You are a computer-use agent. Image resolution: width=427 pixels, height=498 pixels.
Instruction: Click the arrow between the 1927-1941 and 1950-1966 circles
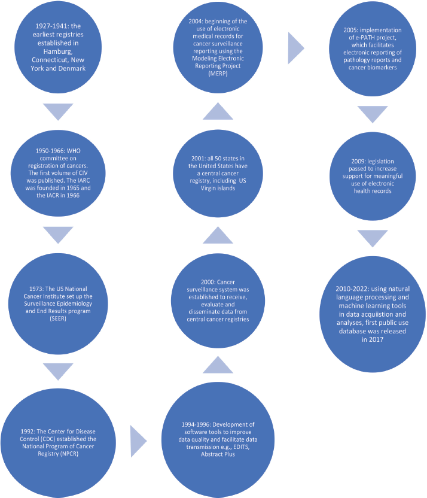click(x=58, y=111)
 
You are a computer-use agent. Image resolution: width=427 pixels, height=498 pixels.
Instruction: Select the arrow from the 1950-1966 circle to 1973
click(x=58, y=235)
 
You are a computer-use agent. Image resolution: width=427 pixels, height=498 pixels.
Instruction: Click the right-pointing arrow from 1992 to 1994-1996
click(x=139, y=441)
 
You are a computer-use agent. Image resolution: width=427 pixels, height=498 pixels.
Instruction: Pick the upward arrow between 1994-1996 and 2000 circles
click(x=218, y=365)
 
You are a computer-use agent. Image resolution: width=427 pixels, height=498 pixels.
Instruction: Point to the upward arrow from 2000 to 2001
click(x=218, y=235)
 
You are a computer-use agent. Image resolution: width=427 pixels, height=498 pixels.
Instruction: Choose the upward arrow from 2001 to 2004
click(x=218, y=111)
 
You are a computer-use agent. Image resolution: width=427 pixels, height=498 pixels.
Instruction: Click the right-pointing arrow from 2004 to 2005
click(x=296, y=48)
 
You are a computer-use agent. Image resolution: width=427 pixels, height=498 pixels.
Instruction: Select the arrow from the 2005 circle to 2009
click(x=373, y=114)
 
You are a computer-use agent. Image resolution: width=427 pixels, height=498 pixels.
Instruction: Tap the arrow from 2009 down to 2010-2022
click(x=373, y=238)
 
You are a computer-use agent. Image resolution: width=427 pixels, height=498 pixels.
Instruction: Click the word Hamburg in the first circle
click(x=58, y=51)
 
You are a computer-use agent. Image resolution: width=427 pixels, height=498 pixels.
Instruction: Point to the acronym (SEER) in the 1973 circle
click(x=58, y=318)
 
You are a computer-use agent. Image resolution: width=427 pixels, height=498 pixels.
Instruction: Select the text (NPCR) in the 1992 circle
click(x=69, y=454)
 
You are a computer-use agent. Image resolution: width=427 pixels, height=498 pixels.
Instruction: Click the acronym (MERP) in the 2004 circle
click(x=218, y=74)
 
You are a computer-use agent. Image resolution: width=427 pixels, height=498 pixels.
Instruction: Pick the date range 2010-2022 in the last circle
click(x=350, y=289)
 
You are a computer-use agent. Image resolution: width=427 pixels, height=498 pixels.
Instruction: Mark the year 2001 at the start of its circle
click(x=197, y=159)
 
